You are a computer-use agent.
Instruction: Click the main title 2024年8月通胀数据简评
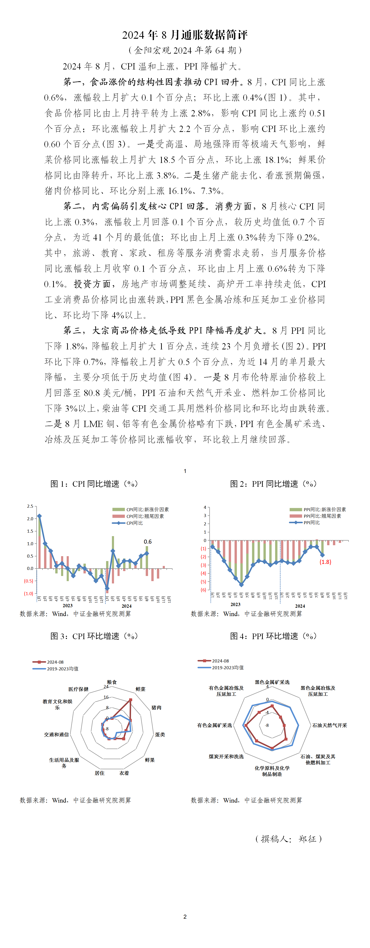tap(185, 35)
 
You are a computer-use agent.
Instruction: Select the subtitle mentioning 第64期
tap(185, 50)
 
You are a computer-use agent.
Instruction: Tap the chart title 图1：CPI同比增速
tap(94, 484)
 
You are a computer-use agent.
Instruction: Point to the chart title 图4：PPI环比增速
tap(273, 636)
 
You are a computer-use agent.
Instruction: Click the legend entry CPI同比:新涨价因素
tap(147, 509)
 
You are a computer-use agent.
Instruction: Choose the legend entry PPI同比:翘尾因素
tap(322, 516)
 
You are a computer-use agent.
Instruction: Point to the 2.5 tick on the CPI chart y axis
tap(30, 506)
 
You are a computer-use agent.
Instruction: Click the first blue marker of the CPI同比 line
tap(39, 516)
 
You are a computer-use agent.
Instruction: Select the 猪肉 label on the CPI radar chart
tap(156, 707)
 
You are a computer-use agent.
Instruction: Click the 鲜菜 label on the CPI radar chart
tap(141, 689)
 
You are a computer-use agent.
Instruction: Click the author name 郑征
tap(308, 839)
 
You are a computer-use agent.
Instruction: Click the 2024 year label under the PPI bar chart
tap(300, 606)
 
